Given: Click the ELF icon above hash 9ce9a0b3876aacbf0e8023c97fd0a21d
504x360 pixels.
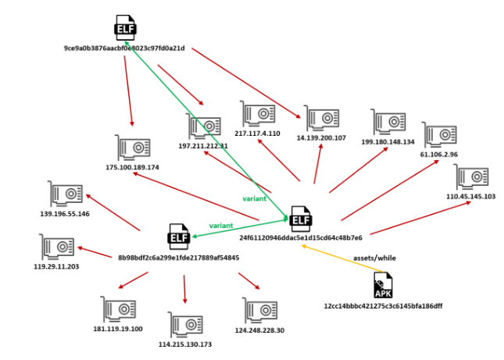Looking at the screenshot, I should coord(125,28).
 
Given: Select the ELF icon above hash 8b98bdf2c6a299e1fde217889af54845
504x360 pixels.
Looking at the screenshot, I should coord(179,237).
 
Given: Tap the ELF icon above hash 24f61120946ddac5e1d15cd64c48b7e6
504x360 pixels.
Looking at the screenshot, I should coord(300,216).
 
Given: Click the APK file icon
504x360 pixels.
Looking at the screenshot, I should coord(383,284).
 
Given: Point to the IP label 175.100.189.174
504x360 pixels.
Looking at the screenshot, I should coord(132,167).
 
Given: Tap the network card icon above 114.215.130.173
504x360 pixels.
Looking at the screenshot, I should coord(185,325).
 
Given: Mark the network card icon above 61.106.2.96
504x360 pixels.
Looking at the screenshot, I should coord(439,135).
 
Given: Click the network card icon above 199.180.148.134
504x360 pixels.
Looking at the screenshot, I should coord(388,123).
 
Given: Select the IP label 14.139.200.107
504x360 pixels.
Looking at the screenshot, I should coord(321,138).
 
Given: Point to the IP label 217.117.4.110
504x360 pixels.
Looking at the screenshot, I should coord(257,134).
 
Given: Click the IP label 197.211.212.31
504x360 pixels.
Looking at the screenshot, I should coord(202,145).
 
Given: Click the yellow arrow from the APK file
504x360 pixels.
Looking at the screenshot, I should coord(336,257).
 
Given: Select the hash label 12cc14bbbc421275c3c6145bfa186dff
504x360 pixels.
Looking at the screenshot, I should coord(383,305).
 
